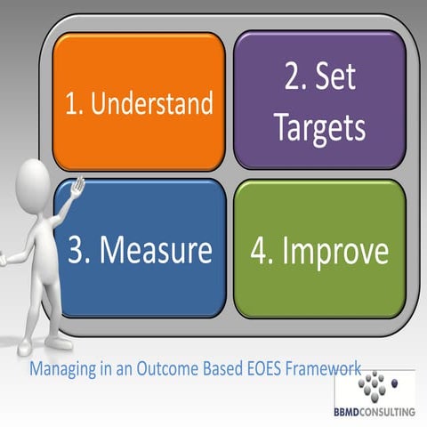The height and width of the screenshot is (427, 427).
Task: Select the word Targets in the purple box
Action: (319, 128)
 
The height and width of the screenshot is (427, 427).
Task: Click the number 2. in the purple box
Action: (295, 77)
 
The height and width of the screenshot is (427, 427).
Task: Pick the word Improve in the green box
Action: (334, 251)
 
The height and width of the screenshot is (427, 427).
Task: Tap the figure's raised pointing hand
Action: (78, 188)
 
